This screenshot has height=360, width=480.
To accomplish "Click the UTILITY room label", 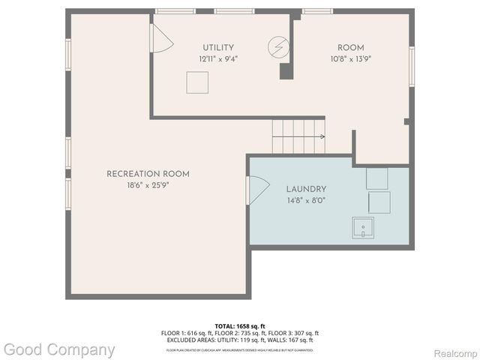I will coord(217,47).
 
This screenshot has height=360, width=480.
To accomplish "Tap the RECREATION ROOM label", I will coord(148,174).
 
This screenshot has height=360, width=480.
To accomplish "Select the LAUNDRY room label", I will coord(306,190).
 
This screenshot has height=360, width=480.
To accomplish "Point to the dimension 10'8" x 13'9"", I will coord(351,58).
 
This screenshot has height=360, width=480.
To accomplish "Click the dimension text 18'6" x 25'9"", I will coord(148,184).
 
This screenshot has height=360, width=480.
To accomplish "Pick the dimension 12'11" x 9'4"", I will coord(217,58).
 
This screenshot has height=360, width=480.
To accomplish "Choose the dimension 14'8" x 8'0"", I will coord(306,200).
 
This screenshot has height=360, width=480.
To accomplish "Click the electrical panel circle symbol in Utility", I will coord(277,48).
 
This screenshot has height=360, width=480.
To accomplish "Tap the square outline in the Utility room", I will coord(197,82).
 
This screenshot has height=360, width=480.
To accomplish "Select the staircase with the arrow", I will coord(298,136).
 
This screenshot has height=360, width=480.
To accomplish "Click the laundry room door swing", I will coord(257,190).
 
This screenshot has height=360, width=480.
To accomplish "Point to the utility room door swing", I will coord(160,38).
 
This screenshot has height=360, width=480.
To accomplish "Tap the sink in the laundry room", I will coord(363,227).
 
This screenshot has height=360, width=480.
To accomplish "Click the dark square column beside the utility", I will coord(286,71).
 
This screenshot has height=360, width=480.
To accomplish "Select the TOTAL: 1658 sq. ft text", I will coord(239,325).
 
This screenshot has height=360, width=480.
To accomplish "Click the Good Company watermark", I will coord(58,349).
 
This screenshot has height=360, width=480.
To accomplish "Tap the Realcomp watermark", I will coord(455,352).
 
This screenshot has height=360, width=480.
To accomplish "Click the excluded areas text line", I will coord(239,340).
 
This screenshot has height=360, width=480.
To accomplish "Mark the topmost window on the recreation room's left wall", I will coord(68,55).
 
